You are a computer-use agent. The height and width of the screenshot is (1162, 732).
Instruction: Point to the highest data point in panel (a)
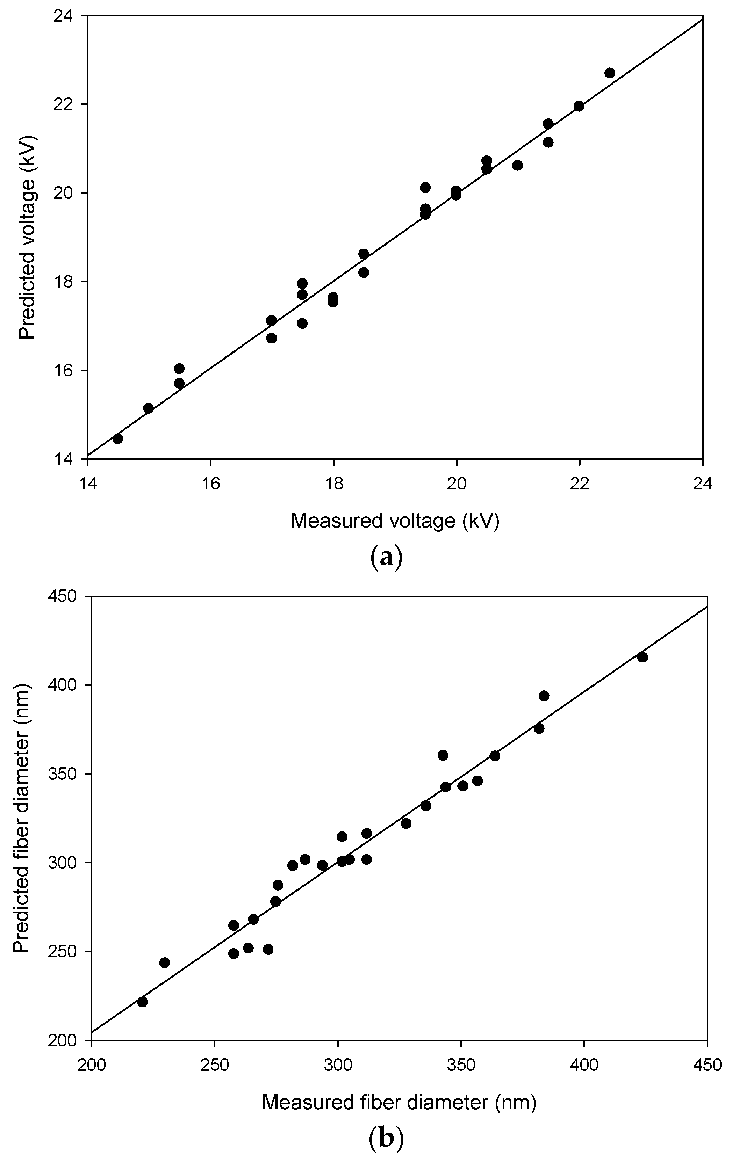(609, 73)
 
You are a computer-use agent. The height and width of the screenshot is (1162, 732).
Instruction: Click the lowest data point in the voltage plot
(117, 439)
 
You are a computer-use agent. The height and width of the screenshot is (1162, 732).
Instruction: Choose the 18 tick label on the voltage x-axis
(333, 484)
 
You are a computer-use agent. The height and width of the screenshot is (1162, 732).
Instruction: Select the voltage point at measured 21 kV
(517, 166)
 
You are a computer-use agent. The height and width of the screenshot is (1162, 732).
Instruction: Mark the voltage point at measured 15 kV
(148, 408)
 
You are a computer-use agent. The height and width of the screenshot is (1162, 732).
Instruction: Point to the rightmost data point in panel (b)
(642, 657)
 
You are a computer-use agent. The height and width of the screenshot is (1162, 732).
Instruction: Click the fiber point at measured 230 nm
(164, 963)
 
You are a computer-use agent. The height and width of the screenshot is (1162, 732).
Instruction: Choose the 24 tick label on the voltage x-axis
(702, 484)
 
